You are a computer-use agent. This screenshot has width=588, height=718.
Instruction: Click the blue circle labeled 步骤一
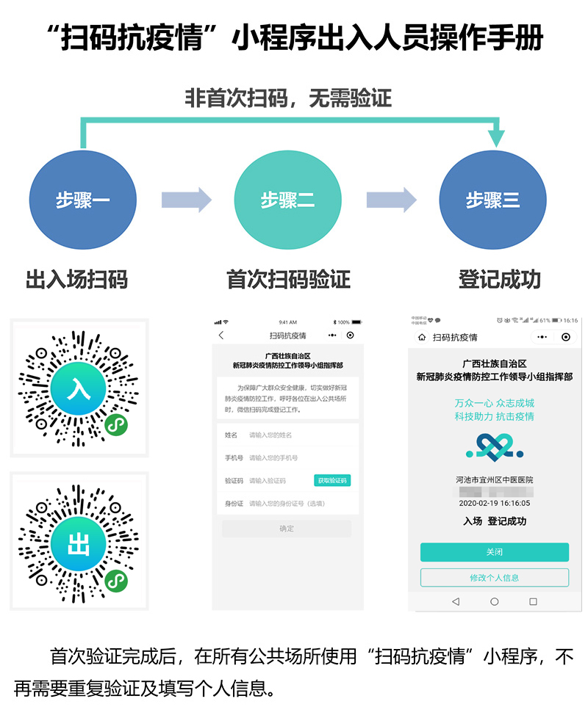coord(83,200)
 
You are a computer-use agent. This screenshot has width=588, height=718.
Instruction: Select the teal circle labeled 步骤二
coord(288,200)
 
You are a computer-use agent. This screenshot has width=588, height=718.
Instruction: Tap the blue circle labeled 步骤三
coord(492,200)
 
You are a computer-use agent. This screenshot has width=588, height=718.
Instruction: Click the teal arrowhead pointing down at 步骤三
coord(498,136)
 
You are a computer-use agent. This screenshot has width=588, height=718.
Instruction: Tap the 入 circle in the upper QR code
coord(79,388)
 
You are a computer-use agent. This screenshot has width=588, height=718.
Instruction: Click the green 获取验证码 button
coord(332,480)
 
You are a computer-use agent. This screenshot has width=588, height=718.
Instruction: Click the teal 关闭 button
coord(494,552)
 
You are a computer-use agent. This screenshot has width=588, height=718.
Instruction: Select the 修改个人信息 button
coord(494,577)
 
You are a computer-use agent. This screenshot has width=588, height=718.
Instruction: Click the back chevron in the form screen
coord(221,336)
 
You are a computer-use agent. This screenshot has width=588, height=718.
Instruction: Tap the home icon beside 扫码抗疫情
coord(422,337)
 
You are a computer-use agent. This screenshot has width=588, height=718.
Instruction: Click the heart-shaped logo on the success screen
coord(494,446)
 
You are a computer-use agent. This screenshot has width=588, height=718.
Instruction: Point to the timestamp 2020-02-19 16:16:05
coord(494,504)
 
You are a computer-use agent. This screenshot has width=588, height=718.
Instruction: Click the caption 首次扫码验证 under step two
coord(288,279)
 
